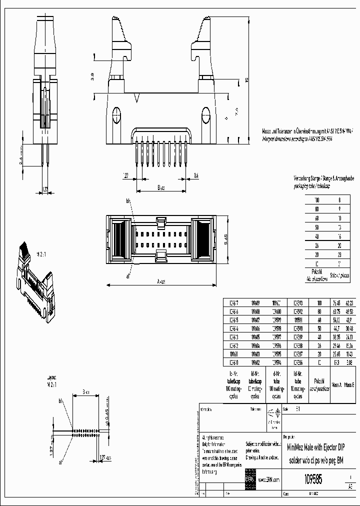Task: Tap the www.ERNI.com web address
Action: [269, 479]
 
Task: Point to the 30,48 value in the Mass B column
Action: [349, 326]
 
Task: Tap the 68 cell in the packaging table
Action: [316, 218]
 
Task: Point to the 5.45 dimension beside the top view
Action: [225, 239]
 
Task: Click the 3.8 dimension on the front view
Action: [91, 76]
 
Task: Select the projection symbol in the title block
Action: [272, 413]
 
